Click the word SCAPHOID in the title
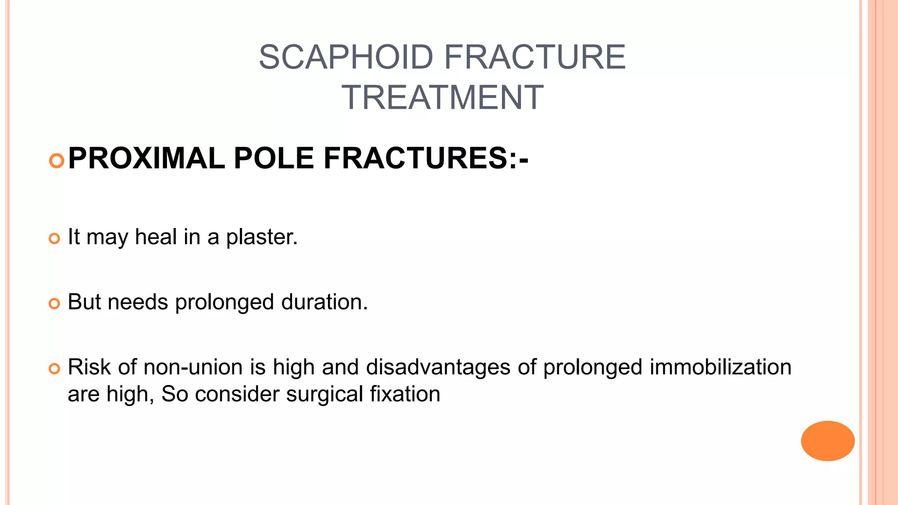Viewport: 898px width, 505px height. [x=346, y=57]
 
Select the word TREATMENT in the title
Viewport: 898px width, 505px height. [x=442, y=97]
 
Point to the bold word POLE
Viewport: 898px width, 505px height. [x=274, y=158]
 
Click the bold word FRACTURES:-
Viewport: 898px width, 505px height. [x=426, y=158]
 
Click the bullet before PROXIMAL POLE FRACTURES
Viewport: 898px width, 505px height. [x=57, y=161]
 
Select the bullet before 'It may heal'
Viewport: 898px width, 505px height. [x=54, y=239]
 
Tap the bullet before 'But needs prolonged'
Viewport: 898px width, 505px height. [x=54, y=303]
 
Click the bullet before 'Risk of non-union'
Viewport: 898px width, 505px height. [x=54, y=369]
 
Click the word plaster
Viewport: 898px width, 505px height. [x=262, y=238]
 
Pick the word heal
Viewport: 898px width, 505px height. [x=156, y=237]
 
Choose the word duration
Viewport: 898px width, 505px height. [x=324, y=302]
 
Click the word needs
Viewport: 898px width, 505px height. [x=138, y=302]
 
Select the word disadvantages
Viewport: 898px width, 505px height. [x=438, y=367]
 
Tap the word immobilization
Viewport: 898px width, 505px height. [x=720, y=367]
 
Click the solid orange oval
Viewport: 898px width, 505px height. [x=827, y=441]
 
